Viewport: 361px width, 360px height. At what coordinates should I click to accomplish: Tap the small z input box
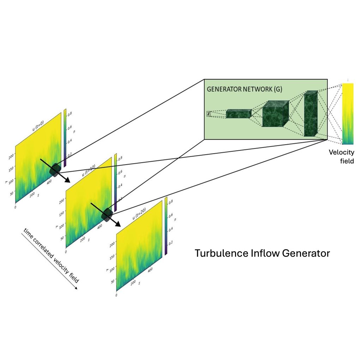click(x=208, y=114)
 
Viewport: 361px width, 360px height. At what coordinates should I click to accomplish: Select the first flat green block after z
click(x=238, y=114)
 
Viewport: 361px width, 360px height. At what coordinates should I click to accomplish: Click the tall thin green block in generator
click(x=311, y=114)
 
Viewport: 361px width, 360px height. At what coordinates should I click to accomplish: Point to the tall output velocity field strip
click(x=348, y=114)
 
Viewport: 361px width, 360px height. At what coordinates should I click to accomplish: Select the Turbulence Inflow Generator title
click(x=262, y=253)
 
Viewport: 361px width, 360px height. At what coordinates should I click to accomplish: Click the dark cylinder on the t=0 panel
click(x=55, y=170)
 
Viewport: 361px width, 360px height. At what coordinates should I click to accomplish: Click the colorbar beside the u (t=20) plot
click(x=166, y=226)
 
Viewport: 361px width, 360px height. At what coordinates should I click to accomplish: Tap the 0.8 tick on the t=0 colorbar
click(x=70, y=114)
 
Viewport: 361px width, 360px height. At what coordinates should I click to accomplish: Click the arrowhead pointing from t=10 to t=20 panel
click(x=118, y=224)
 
